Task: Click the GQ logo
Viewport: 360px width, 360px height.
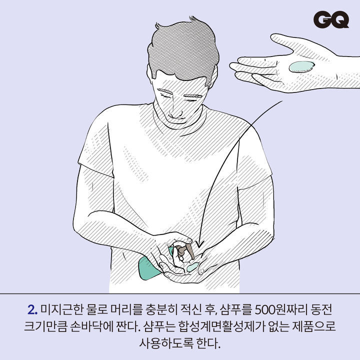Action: (331, 19)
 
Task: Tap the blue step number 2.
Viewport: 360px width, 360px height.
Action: (32, 310)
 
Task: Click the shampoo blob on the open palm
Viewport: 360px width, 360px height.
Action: (301, 66)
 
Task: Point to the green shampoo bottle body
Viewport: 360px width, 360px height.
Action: (149, 267)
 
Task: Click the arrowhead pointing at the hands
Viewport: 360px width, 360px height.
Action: (199, 244)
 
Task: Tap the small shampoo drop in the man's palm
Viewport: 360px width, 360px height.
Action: (192, 267)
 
